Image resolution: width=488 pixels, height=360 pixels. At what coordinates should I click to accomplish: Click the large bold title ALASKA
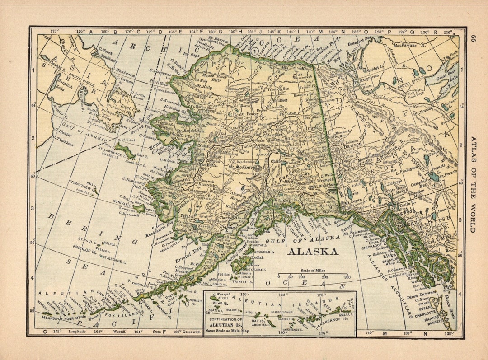(x=313, y=252)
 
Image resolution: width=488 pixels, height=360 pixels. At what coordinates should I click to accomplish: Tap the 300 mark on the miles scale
(x=347, y=277)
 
